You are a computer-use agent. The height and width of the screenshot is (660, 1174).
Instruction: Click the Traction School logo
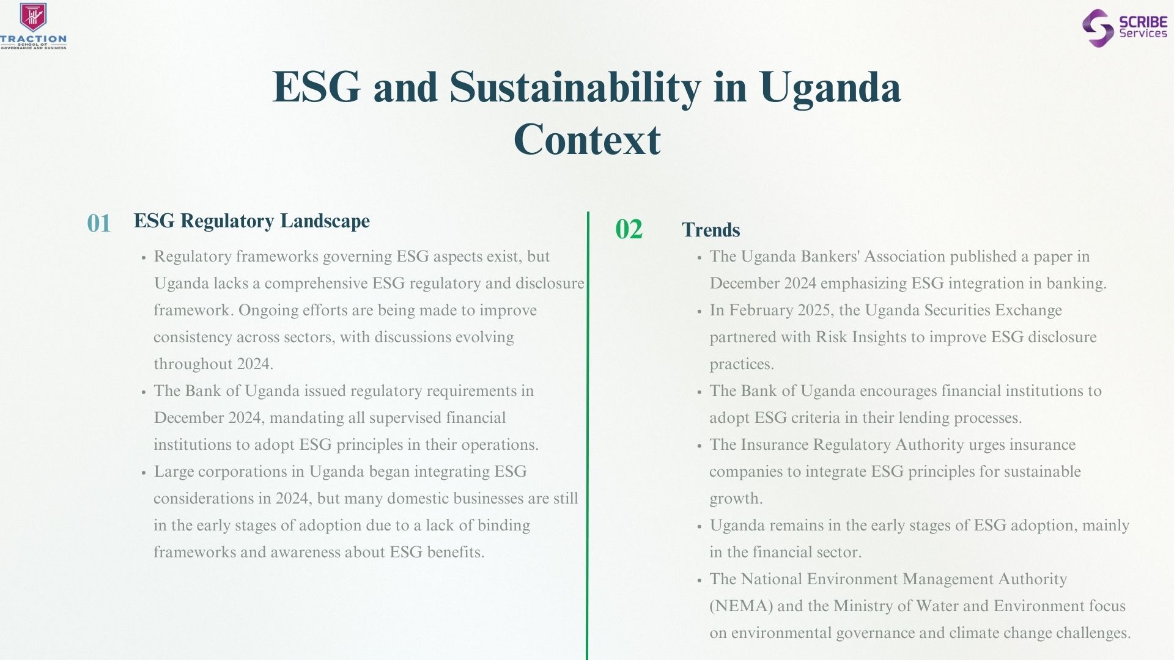coord(33,26)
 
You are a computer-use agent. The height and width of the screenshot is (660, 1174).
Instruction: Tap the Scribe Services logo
coord(1124,28)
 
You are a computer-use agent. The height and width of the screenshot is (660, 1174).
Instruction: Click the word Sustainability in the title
coord(575,86)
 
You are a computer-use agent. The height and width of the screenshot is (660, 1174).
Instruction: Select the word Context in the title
coord(587,139)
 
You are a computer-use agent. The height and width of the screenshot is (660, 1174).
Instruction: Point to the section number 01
coord(99,224)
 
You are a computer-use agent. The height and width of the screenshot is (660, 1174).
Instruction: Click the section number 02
coord(629,229)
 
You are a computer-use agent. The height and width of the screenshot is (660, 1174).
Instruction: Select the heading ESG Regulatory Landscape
coord(252,221)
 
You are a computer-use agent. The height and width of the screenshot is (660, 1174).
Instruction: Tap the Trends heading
coord(711,230)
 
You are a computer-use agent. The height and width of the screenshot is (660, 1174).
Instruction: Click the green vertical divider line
coord(588,436)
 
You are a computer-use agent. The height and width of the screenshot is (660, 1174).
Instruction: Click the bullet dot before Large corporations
coord(144,472)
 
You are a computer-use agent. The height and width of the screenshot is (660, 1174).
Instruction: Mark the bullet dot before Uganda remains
coord(700,526)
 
